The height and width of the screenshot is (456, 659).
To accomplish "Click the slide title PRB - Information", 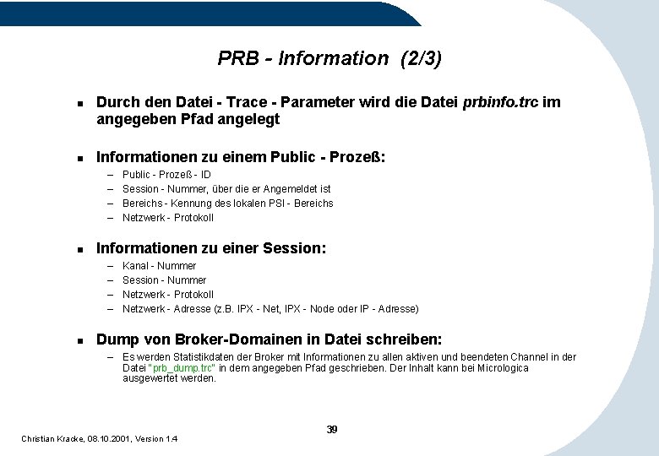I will [302, 58].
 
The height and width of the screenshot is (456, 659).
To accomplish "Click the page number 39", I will [332, 430].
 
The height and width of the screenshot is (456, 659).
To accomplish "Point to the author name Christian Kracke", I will [52, 439].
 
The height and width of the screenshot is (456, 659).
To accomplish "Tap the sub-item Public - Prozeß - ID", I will [166, 175].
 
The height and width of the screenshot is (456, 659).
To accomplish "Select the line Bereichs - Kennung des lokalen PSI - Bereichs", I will [227, 204].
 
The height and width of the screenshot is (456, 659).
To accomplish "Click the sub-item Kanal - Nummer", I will [159, 266].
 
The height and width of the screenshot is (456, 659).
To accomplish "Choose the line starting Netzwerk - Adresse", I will [270, 309].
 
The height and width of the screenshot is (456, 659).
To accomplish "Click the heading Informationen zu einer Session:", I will [211, 248].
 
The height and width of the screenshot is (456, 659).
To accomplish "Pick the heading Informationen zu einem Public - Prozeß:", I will [241, 157].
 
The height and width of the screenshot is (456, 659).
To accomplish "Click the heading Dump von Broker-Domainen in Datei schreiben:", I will [269, 339].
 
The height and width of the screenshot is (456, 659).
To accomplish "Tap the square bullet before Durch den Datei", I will [79, 103].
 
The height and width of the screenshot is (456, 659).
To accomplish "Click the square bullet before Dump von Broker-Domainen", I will [79, 340].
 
